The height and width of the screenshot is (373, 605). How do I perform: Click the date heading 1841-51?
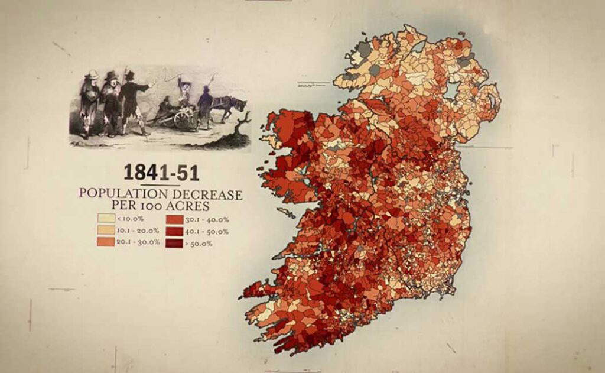[161, 172]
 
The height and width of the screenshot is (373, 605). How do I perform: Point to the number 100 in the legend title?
[157, 206]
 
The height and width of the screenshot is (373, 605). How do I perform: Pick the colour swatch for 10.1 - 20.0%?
[106, 231]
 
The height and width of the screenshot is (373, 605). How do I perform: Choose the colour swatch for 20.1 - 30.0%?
[106, 242]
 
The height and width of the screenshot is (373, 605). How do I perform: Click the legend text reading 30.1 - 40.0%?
[208, 219]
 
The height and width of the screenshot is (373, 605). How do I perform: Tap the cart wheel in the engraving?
[183, 119]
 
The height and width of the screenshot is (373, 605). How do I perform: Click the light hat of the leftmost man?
[91, 74]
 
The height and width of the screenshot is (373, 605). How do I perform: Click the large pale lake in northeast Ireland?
[453, 89]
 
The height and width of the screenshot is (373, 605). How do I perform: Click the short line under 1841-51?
[161, 185]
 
